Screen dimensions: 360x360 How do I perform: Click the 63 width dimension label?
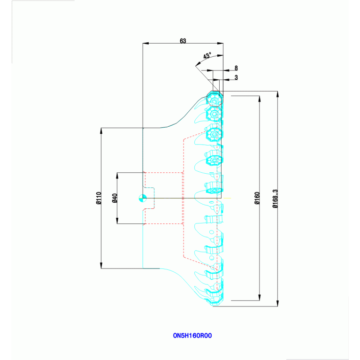click(183, 41)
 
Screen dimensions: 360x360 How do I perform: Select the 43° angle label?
click(207, 56)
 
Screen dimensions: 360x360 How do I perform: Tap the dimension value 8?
click(236, 68)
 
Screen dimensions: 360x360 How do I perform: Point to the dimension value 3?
click(236, 77)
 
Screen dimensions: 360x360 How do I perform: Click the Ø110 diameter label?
click(99, 198)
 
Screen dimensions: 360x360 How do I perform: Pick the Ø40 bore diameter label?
click(115, 198)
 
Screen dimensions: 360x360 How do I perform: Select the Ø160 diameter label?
click(257, 198)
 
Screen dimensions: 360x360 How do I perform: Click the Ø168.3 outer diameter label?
click(275, 199)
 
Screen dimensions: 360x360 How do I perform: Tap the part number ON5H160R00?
click(192, 336)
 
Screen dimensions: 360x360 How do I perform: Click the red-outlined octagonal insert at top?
click(214, 99)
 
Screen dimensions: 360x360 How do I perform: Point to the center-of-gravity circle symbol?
click(143, 198)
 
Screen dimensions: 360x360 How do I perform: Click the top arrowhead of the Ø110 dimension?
click(101, 131)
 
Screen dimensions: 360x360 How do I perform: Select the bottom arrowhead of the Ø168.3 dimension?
click(277, 303)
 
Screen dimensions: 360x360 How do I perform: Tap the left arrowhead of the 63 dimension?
click(146, 43)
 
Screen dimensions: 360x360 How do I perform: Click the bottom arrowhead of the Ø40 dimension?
click(117, 221)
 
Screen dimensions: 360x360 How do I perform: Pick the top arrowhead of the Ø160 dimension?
click(260, 99)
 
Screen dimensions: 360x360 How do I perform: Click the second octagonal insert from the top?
click(214, 114)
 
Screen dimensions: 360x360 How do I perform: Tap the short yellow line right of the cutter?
click(227, 198)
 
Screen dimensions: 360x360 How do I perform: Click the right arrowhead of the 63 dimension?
click(220, 43)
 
